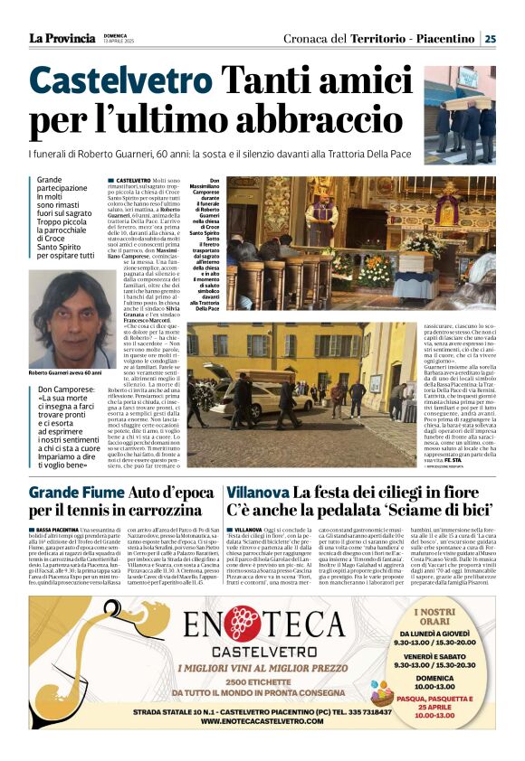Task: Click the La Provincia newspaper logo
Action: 62,38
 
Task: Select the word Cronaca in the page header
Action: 314,39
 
